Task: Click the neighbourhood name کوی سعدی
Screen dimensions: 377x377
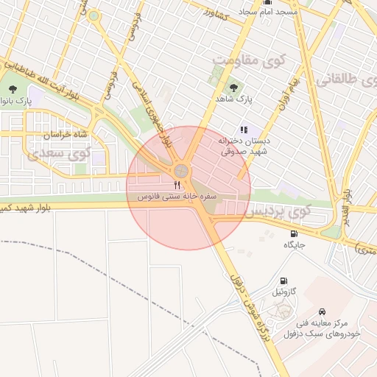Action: (x=57, y=155)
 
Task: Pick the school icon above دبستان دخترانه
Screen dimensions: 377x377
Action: (x=244, y=130)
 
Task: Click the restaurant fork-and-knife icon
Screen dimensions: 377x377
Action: (x=176, y=186)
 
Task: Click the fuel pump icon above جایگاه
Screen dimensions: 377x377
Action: (x=293, y=233)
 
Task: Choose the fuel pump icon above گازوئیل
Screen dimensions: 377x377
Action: (x=283, y=281)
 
